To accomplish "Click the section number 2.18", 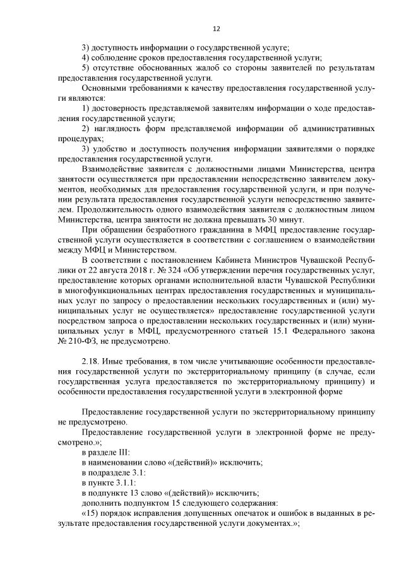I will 92,361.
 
